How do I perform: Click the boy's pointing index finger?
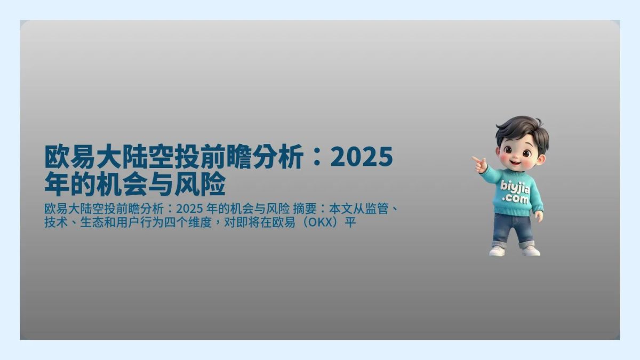point(475,158)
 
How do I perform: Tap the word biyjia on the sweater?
point(515,187)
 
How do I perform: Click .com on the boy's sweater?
point(516,199)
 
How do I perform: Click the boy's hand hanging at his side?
point(539,216)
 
